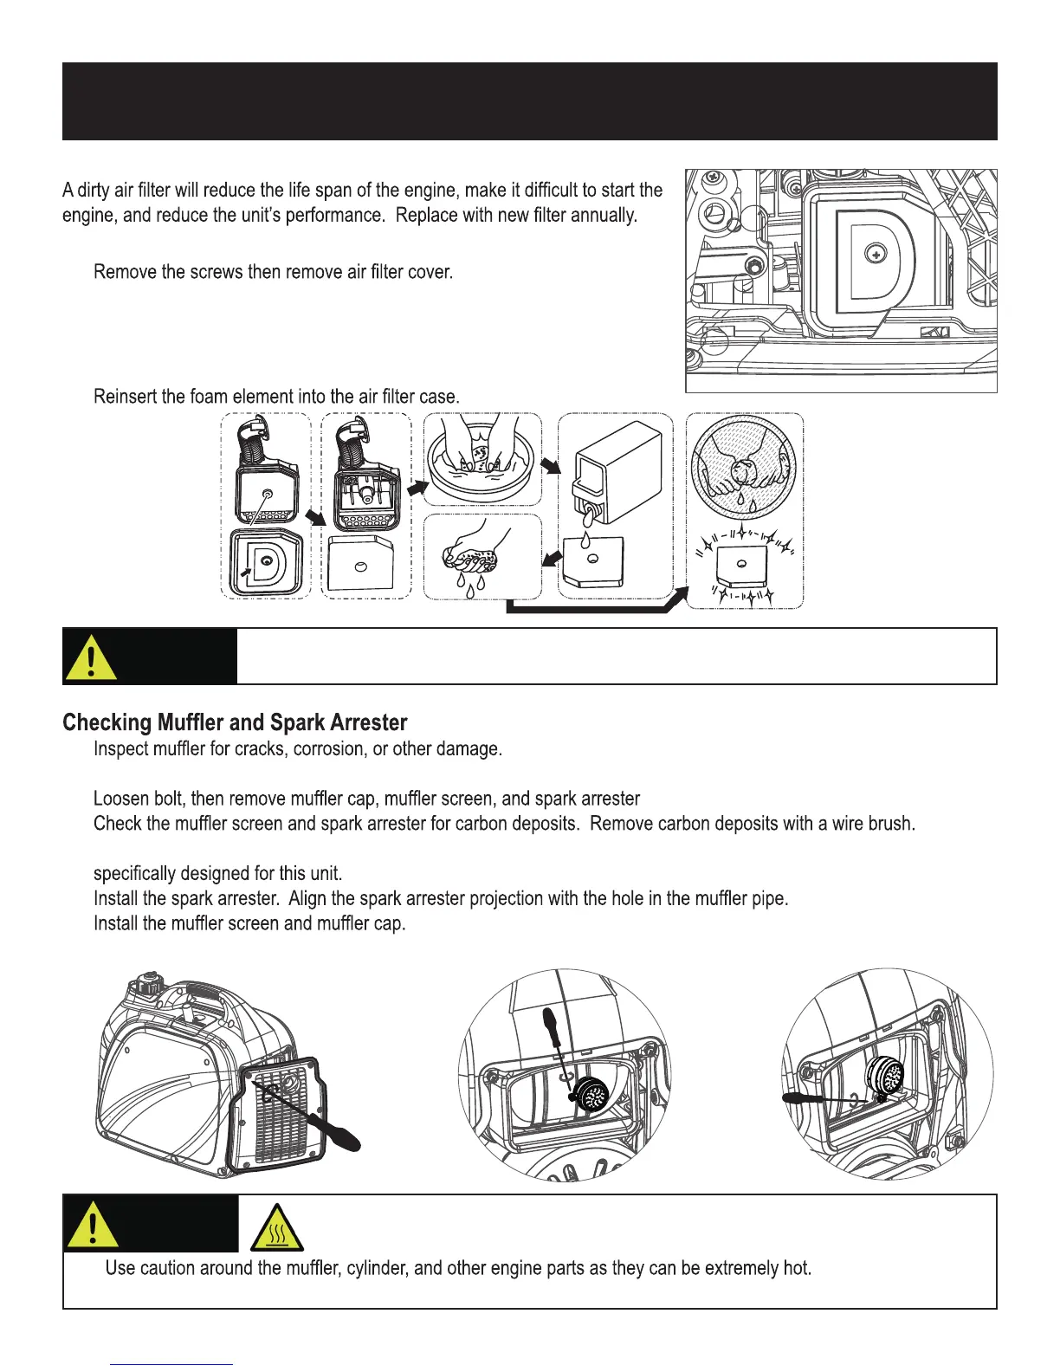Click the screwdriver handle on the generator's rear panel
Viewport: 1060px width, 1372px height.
(340, 1136)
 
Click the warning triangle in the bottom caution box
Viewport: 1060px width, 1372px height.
(90, 1226)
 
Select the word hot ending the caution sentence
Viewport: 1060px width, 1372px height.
(793, 1268)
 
